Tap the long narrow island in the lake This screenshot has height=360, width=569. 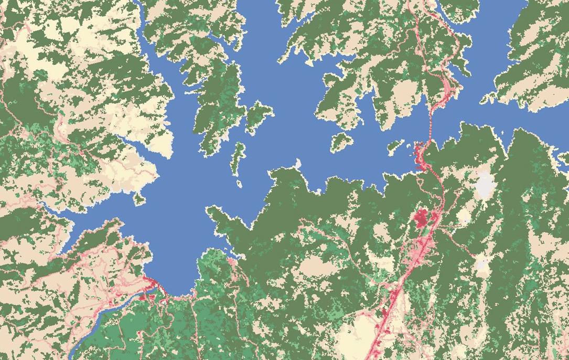pyautogui.click(x=238, y=157)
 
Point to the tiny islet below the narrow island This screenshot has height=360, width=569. pyautogui.click(x=239, y=184)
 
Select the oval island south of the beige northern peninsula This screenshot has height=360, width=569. pyautogui.click(x=341, y=140)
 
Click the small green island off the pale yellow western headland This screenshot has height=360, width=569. pyautogui.click(x=139, y=198)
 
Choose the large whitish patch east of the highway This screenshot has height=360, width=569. pyautogui.click(x=485, y=185)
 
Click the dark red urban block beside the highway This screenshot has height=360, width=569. pyautogui.click(x=423, y=218)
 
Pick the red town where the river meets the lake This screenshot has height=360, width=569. pyautogui.click(x=149, y=286)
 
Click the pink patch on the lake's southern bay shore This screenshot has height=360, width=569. pyautogui.click(x=231, y=261)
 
